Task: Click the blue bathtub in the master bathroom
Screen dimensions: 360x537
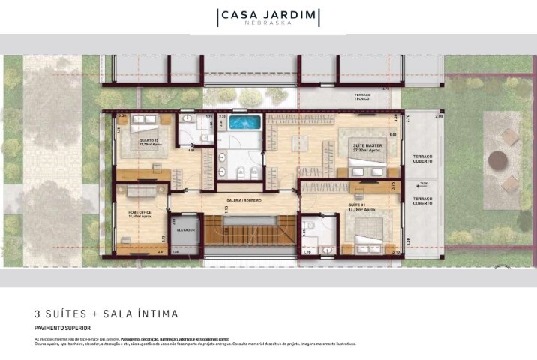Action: tap(241, 122)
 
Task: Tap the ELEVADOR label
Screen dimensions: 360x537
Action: tap(186, 229)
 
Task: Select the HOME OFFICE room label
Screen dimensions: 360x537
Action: tap(140, 212)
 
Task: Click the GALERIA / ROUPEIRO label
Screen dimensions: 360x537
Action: tap(244, 200)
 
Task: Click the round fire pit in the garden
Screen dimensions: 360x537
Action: tap(497, 160)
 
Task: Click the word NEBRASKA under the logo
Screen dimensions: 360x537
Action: tap(268, 22)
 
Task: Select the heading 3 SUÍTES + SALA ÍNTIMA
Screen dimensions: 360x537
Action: tap(106, 313)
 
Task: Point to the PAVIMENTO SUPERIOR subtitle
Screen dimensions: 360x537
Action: tap(63, 328)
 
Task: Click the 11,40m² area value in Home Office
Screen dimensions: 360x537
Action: tap(140, 217)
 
